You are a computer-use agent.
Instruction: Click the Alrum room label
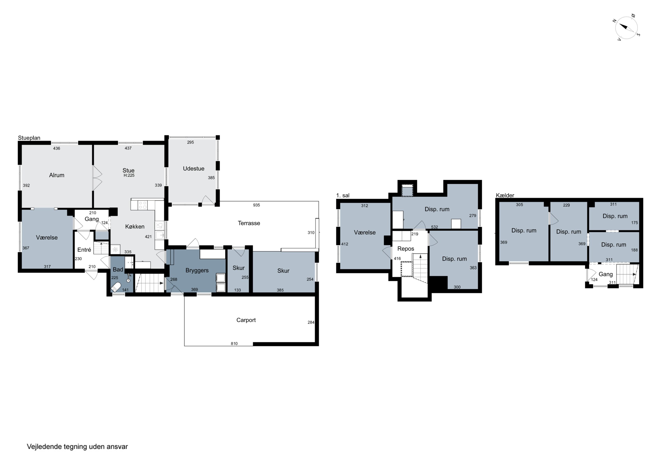coord(57,175)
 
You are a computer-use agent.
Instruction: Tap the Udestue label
coord(193,168)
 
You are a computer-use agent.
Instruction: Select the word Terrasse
coord(249,223)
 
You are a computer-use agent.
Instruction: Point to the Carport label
coord(246,320)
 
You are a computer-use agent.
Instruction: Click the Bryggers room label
coord(197,270)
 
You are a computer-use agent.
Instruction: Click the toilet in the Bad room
coord(116,287)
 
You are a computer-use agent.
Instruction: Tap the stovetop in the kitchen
coord(143,205)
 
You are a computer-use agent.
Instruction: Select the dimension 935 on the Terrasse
coord(256,205)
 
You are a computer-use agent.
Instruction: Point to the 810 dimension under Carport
coord(234,343)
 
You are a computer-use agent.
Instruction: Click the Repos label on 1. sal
coord(406,249)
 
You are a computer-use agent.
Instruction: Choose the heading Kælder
coord(505,195)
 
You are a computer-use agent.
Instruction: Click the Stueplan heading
coord(29,138)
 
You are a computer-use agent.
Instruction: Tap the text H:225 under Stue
coord(129,175)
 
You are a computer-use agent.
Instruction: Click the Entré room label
coord(84,250)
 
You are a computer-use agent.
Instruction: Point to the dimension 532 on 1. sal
coord(434,227)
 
